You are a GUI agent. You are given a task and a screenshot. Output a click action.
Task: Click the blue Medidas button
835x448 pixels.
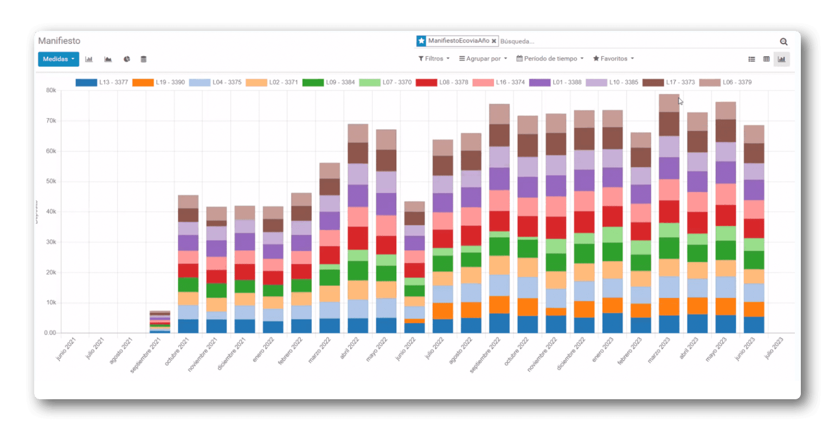[x=58, y=59]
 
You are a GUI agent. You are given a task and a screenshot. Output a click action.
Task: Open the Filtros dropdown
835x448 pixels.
[x=434, y=59]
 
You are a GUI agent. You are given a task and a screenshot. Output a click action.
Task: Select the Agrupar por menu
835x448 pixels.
[x=483, y=59]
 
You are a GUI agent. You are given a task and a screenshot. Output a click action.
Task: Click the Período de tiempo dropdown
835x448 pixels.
[x=550, y=59]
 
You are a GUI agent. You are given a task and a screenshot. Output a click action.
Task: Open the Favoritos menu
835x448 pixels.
[x=613, y=59]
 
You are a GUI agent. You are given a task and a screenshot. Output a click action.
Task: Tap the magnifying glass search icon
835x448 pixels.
[x=783, y=42]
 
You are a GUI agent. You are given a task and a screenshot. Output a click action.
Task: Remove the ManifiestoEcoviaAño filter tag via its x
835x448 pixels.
[x=494, y=41]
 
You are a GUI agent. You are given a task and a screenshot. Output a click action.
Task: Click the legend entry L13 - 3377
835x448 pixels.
[x=102, y=82]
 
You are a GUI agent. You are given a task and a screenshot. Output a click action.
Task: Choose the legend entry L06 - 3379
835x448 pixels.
[x=725, y=82]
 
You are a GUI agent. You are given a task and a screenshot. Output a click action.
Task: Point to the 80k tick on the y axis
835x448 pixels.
[x=51, y=90]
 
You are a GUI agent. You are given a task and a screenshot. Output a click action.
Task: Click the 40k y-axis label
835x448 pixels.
[x=51, y=212]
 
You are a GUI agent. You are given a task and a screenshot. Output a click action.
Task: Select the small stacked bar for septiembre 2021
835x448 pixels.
[x=160, y=322]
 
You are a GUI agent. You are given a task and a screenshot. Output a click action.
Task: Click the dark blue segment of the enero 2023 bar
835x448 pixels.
[x=612, y=323]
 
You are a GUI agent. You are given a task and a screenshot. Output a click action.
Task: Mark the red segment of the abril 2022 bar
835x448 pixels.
[x=358, y=238]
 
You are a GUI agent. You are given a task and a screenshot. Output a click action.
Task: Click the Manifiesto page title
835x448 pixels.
[x=59, y=41]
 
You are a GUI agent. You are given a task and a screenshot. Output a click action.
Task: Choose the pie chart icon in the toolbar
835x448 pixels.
[x=126, y=59]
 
